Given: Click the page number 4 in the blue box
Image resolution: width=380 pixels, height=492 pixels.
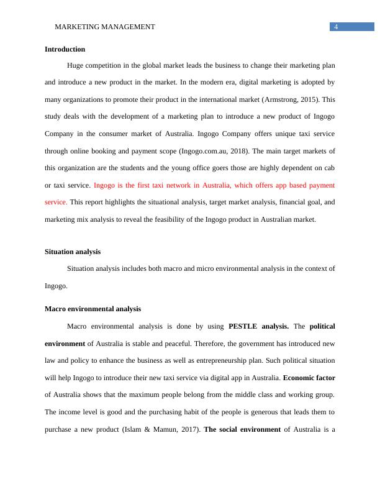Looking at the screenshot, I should (x=335, y=27).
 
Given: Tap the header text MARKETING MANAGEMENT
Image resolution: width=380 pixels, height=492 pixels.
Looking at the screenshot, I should (x=105, y=27).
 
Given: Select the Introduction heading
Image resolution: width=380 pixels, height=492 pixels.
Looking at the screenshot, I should (x=65, y=49).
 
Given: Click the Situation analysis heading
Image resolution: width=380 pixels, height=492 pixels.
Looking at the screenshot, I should (x=73, y=252).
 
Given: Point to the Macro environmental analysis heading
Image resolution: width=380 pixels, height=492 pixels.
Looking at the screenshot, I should (x=93, y=309).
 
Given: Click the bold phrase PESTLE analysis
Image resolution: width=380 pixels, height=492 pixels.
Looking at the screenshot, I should (x=258, y=326).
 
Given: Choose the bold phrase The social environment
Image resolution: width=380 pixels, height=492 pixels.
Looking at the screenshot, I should (x=242, y=429).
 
